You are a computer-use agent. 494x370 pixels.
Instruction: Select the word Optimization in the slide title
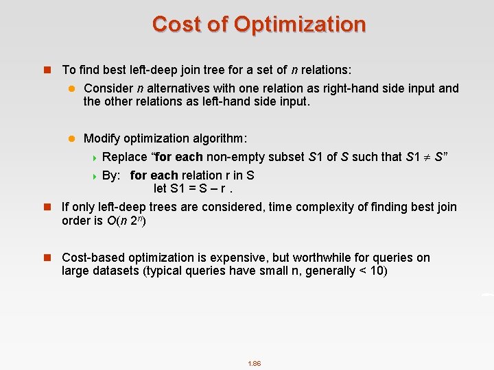click(300, 24)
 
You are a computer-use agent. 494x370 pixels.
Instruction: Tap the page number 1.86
click(254, 363)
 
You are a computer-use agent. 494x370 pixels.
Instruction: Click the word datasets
click(114, 271)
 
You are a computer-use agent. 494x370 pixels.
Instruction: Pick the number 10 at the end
click(380, 271)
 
